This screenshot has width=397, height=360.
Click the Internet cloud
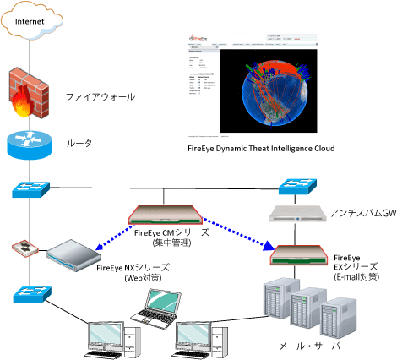coord(30,23)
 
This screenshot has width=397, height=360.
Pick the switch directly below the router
coord(29,187)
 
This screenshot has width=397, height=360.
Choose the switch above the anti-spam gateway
coord(296,188)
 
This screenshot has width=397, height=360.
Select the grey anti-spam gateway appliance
coord(296,215)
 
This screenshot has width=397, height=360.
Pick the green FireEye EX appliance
coord(296,251)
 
